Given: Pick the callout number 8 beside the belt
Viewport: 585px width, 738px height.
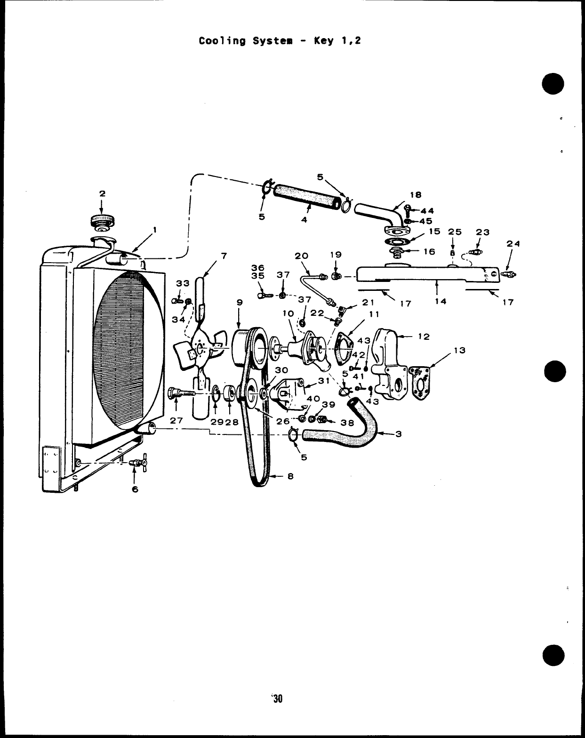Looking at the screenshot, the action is [290, 476].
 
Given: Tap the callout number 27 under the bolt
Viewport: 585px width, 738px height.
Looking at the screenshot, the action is [176, 420].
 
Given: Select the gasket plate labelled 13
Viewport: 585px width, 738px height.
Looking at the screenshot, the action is [421, 382].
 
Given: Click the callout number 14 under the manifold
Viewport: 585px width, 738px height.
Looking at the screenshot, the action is [441, 301].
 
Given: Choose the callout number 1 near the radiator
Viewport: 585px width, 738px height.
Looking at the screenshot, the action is [155, 230].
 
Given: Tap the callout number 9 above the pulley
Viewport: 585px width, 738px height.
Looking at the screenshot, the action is [239, 303].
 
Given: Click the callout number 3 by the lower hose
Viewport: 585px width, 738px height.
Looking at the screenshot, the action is [398, 434].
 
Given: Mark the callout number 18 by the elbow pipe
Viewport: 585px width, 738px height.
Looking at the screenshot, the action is [416, 194].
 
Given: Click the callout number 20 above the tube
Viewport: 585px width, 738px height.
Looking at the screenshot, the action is [301, 256].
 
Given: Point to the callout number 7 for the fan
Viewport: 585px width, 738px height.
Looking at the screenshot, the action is [224, 256].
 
